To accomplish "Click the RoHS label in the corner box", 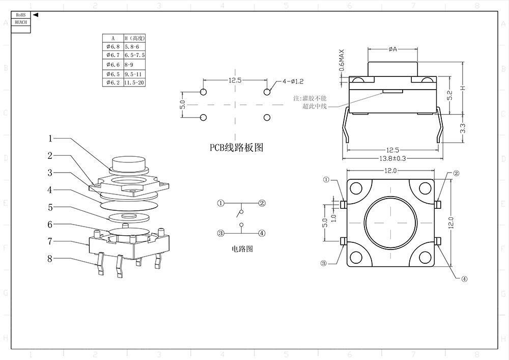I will [x=20, y=15].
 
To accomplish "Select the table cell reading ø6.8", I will [x=112, y=46].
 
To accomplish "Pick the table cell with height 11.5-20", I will [x=134, y=82].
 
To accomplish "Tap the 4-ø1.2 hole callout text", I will [x=293, y=81].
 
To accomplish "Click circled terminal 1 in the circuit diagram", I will [x=220, y=203].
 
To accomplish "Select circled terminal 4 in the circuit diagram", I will [x=262, y=233].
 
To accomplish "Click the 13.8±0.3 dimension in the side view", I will [x=392, y=158].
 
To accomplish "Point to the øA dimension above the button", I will [x=392, y=49].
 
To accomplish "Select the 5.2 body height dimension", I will [x=449, y=95].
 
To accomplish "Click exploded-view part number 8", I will [x=50, y=259].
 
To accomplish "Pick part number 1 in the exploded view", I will [x=50, y=138].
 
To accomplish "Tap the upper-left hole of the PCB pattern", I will [x=203, y=92].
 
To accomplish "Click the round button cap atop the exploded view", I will [x=128, y=163].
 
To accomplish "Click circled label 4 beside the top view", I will [x=464, y=279].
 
